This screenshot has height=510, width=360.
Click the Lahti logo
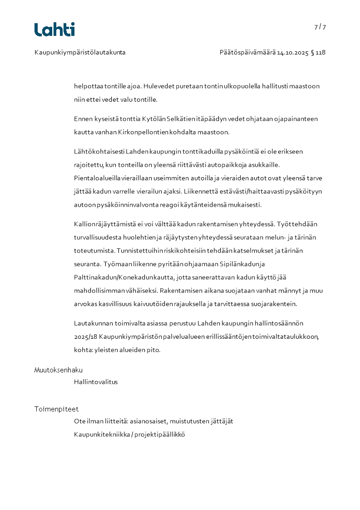click(x=54, y=30)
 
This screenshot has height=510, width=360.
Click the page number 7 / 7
click(x=320, y=27)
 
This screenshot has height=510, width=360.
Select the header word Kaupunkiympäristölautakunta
click(x=80, y=52)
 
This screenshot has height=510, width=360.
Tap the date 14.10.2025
click(x=293, y=52)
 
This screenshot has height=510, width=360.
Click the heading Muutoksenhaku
click(x=59, y=370)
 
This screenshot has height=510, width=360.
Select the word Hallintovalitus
click(x=96, y=382)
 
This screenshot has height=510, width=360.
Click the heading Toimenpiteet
click(x=56, y=409)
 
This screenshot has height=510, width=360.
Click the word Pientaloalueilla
click(x=94, y=178)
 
